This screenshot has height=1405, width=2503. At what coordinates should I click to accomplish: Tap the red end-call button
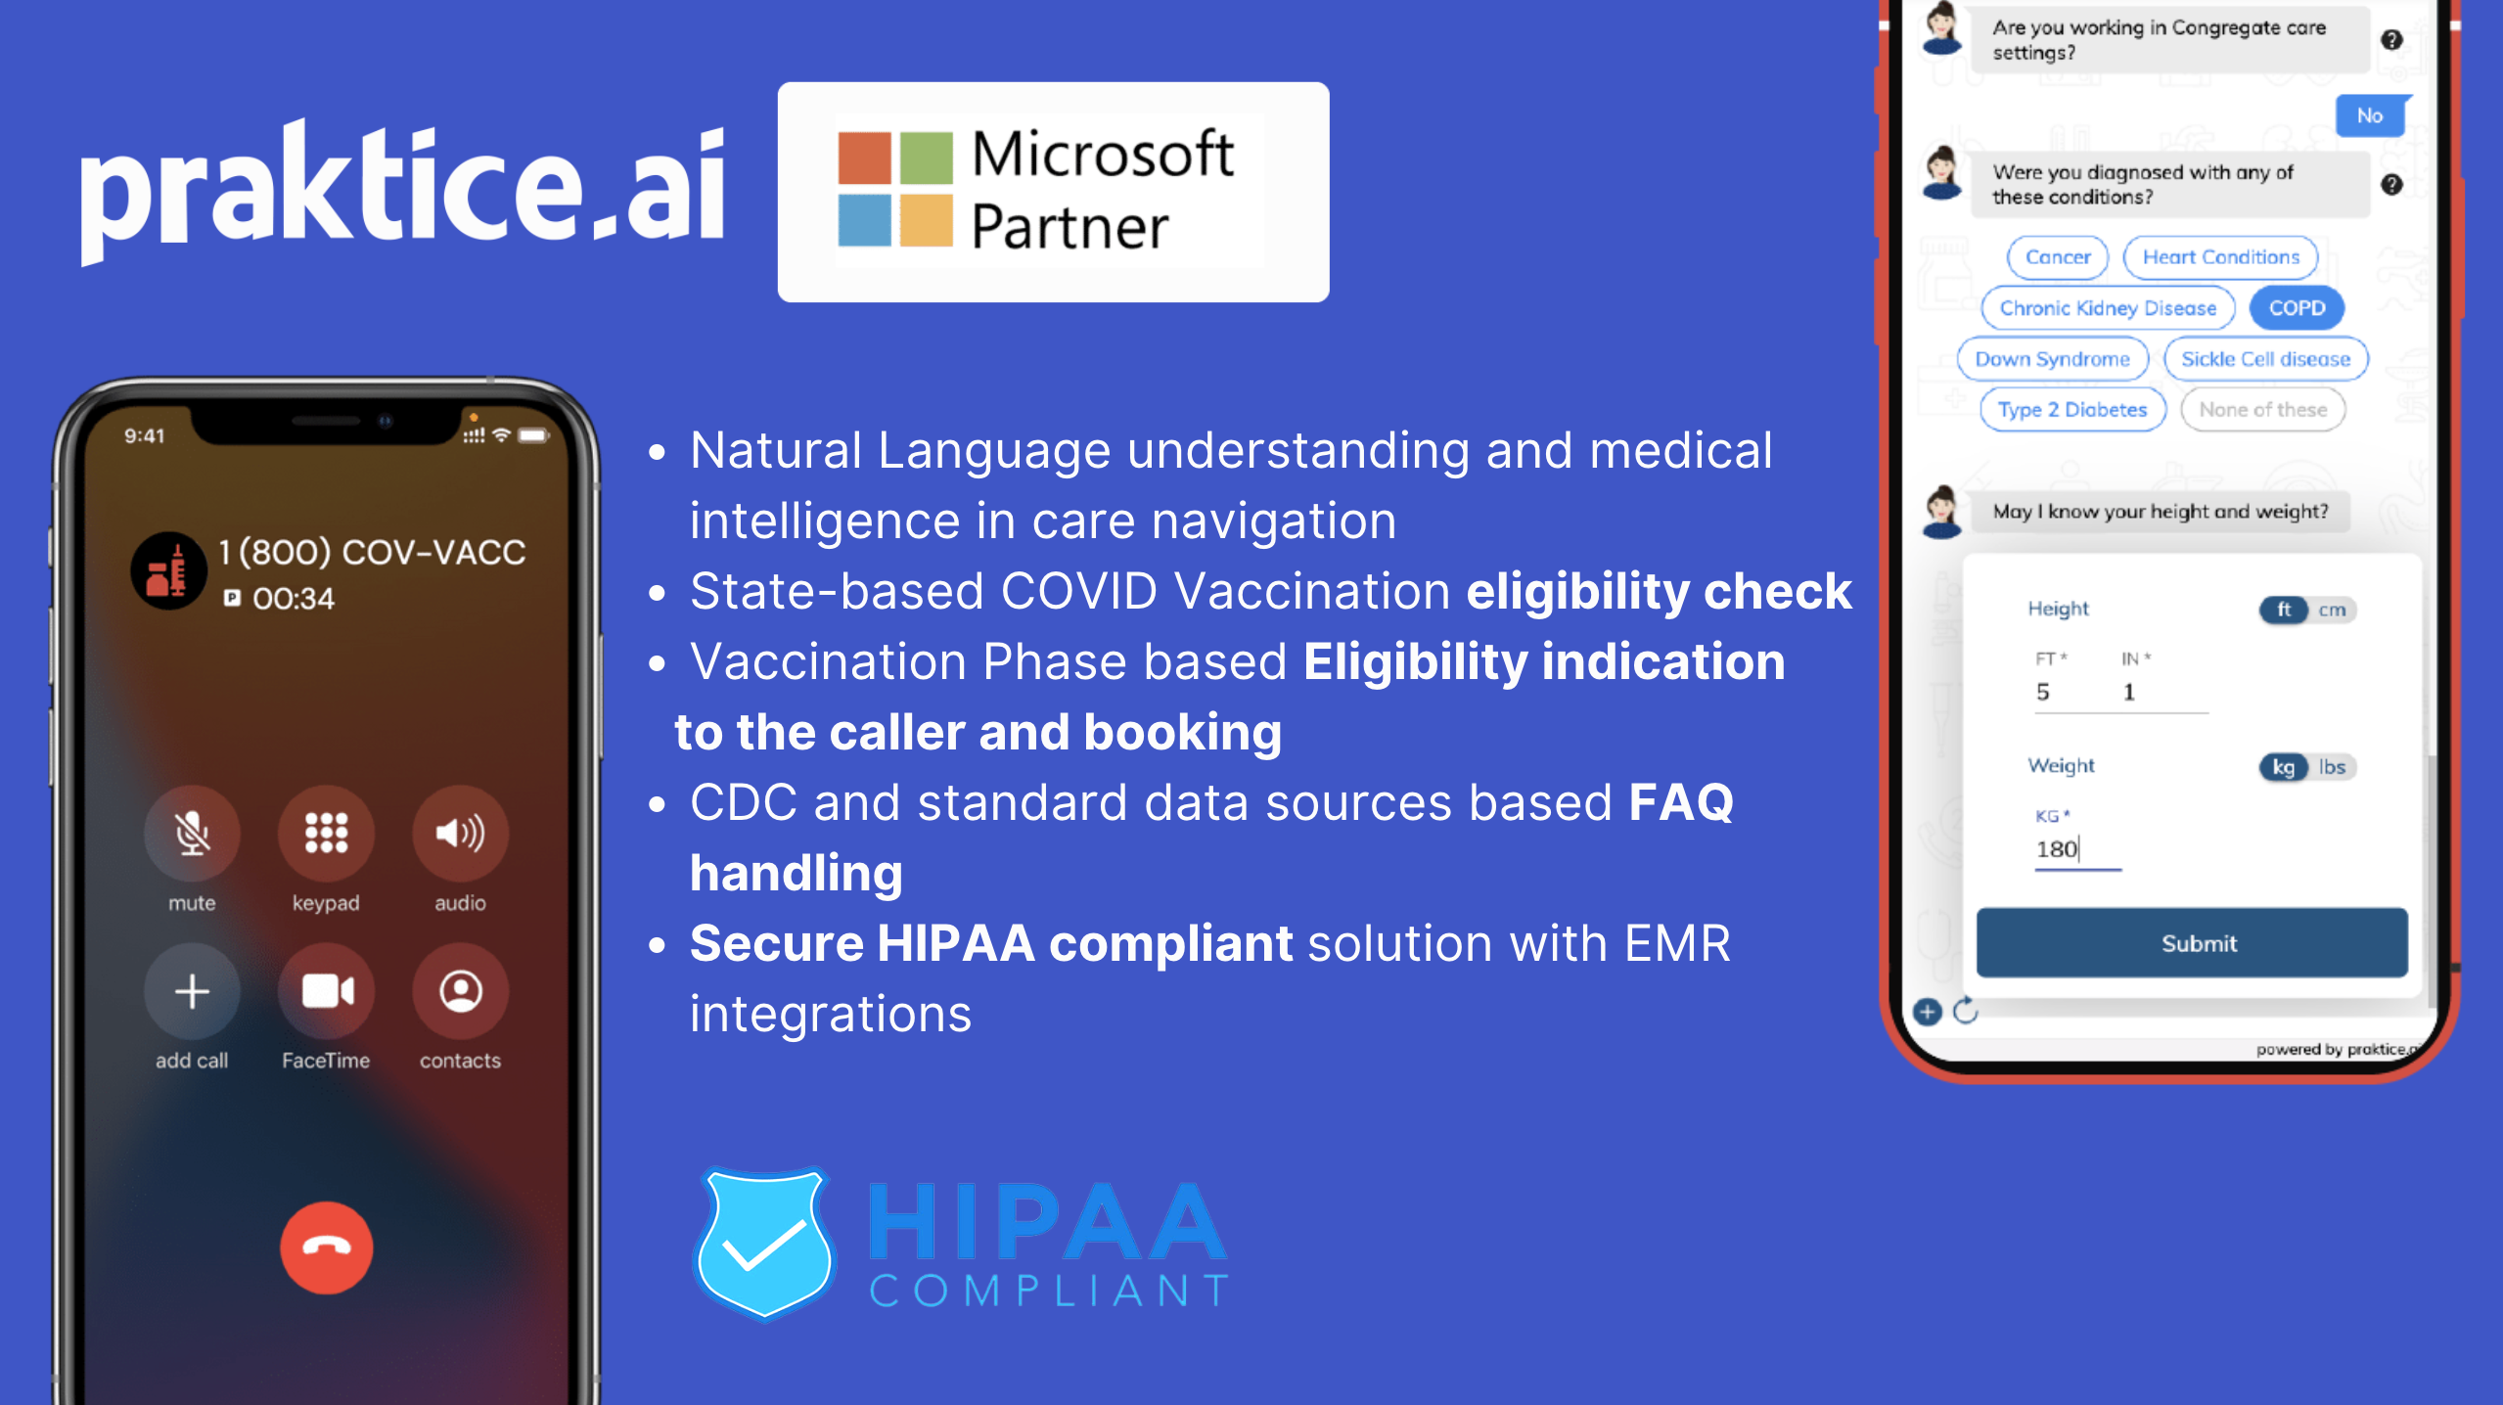click(x=326, y=1247)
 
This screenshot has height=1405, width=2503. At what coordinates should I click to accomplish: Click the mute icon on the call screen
click(x=192, y=833)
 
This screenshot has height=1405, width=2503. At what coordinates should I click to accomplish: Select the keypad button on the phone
click(x=326, y=833)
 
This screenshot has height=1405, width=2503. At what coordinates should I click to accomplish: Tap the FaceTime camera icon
click(x=326, y=991)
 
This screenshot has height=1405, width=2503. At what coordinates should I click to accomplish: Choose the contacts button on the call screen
click(x=460, y=991)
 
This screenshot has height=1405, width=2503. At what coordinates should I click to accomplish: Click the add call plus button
click(x=192, y=991)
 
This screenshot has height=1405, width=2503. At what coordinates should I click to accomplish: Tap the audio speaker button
click(x=460, y=833)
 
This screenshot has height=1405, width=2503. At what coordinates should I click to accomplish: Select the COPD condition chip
click(x=2297, y=308)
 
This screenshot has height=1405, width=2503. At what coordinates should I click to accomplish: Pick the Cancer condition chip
click(x=2058, y=257)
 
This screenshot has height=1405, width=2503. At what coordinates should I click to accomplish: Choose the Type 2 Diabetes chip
click(x=2072, y=410)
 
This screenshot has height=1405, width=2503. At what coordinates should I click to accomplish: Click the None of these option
click(x=2262, y=410)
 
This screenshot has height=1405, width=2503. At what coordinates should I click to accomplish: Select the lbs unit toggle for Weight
click(x=2333, y=767)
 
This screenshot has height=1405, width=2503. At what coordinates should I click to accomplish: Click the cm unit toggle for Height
click(x=2333, y=610)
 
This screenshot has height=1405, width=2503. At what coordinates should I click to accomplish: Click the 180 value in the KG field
click(x=2057, y=848)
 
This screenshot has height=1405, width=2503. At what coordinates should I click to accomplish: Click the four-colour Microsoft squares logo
click(x=894, y=190)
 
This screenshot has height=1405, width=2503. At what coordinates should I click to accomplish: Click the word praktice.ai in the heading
click(x=402, y=188)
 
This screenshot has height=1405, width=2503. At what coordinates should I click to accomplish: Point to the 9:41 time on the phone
click(x=145, y=435)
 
